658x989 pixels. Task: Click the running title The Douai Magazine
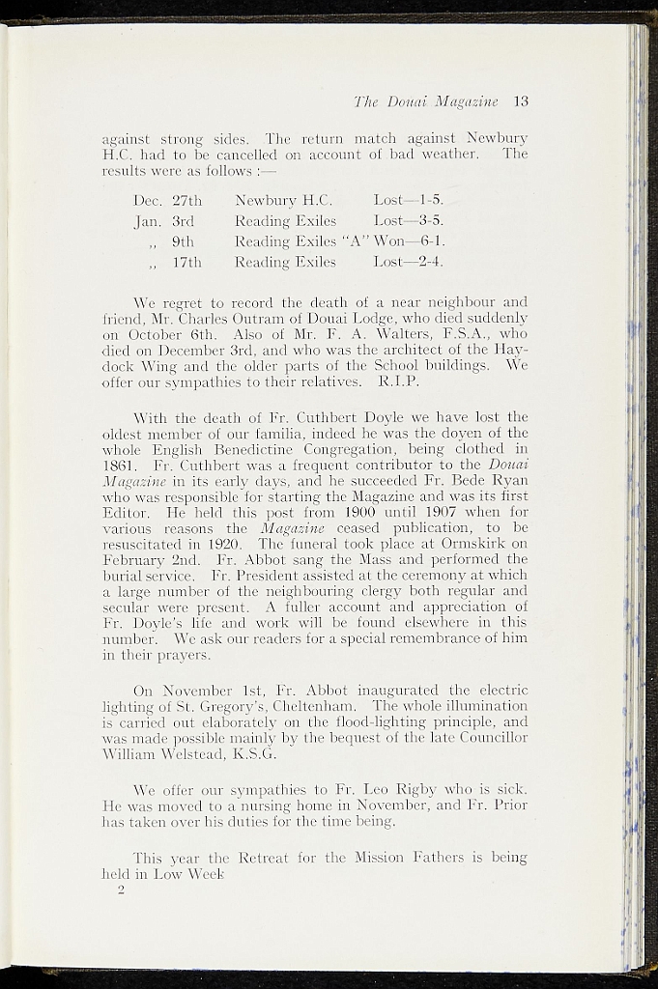425,100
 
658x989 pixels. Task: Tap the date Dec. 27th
167,201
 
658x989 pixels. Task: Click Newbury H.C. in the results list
283,201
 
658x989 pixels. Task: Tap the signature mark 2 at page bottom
122,891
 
